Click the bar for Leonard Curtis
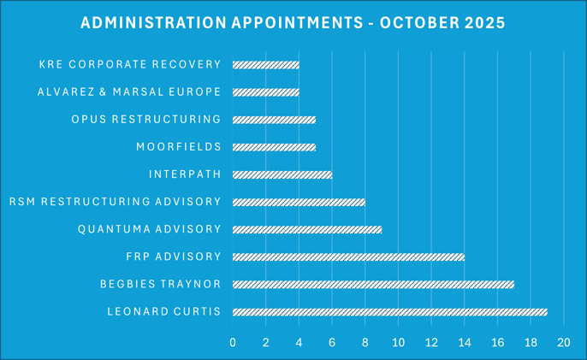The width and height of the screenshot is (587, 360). (389, 311)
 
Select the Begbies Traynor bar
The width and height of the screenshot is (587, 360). (373, 284)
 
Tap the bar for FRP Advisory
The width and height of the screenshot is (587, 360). (348, 257)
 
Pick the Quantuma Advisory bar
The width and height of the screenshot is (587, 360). (306, 229)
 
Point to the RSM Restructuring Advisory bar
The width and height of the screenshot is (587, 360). (299, 202)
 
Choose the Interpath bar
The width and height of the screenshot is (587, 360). (282, 174)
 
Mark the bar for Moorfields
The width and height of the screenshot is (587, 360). (274, 147)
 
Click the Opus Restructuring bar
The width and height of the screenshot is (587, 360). (274, 119)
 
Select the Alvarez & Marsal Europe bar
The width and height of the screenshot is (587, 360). (265, 91)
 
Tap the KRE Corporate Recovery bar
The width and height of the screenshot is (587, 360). (265, 64)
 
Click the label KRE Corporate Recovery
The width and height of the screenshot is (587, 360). (130, 64)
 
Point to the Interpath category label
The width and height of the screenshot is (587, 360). (185, 174)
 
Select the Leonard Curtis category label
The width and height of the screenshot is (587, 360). (164, 311)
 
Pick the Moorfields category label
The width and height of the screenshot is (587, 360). (178, 147)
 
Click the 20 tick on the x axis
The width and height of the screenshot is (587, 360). (563, 343)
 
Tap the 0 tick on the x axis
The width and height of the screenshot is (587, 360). (233, 343)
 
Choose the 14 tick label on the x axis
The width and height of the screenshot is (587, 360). (464, 343)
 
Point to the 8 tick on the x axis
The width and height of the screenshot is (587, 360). (365, 343)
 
